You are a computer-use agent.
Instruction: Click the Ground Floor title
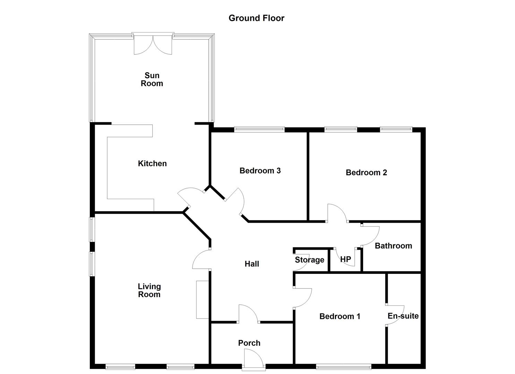[256, 18]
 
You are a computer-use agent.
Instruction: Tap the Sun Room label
[152, 79]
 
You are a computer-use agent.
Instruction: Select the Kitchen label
[152, 163]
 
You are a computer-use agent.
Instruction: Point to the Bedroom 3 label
[260, 171]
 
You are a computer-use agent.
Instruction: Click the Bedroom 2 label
[366, 172]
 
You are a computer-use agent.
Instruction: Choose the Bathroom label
[393, 246]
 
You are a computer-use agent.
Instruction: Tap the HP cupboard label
[345, 259]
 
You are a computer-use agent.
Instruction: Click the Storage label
[309, 260]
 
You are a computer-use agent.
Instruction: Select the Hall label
[252, 264]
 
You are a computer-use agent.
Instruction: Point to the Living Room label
[149, 291]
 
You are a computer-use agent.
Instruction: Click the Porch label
[249, 343]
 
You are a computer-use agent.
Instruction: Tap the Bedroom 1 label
[340, 317]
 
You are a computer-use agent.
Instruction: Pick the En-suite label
[403, 316]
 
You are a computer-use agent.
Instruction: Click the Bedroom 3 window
[259, 129]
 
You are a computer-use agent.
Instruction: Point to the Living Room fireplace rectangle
[202, 300]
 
